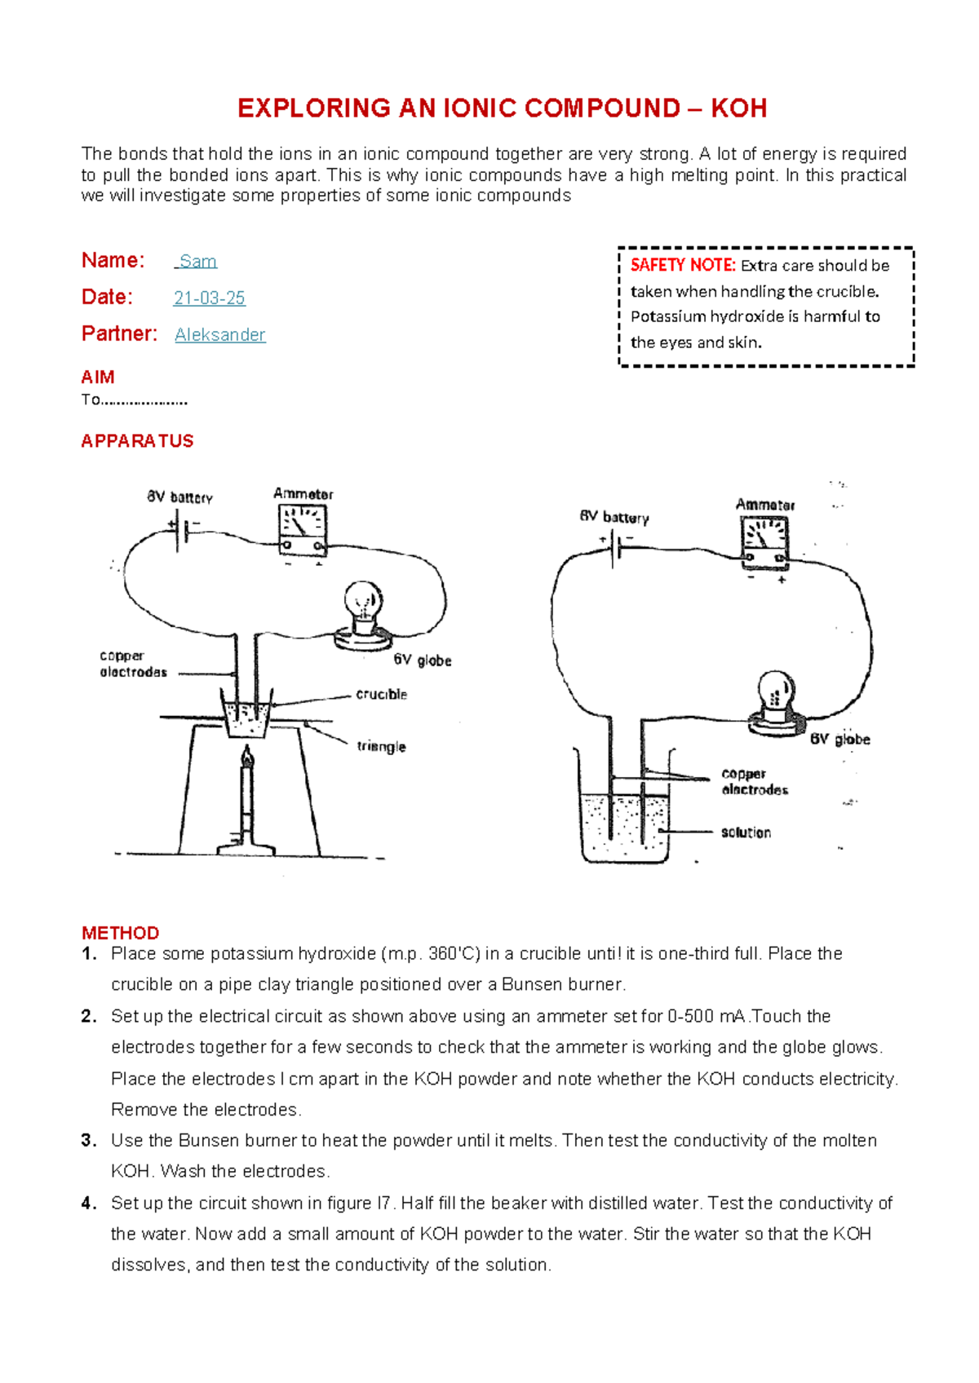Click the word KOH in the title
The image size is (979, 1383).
pyautogui.click(x=738, y=108)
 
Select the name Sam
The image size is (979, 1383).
pyautogui.click(x=197, y=262)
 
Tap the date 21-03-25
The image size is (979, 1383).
pyautogui.click(x=209, y=298)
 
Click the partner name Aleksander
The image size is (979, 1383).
pyautogui.click(x=220, y=335)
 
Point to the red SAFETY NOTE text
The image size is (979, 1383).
pyautogui.click(x=683, y=265)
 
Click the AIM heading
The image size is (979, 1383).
pyautogui.click(x=98, y=377)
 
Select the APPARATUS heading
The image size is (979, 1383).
pyautogui.click(x=137, y=441)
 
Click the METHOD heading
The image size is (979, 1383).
pyautogui.click(x=120, y=933)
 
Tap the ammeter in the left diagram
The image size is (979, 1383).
pyautogui.click(x=303, y=529)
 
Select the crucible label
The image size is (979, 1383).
pyautogui.click(x=381, y=695)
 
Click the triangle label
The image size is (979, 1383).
pyautogui.click(x=381, y=746)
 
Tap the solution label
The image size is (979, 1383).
pyautogui.click(x=746, y=833)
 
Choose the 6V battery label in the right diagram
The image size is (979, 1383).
pyautogui.click(x=614, y=517)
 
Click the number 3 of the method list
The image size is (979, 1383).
pyautogui.click(x=88, y=1140)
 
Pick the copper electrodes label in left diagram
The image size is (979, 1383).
pyautogui.click(x=133, y=664)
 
